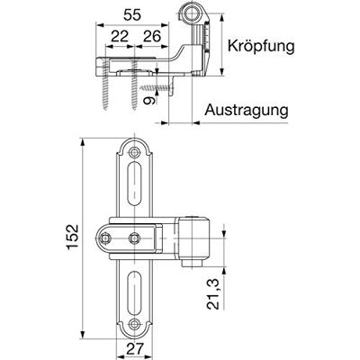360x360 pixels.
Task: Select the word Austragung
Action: pos(246,110)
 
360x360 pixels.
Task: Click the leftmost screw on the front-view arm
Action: pos(108,238)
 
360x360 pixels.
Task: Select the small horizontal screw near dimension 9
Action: pos(158,87)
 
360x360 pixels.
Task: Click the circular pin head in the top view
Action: pos(191,13)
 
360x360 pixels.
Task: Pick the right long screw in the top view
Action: pos(137,90)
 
